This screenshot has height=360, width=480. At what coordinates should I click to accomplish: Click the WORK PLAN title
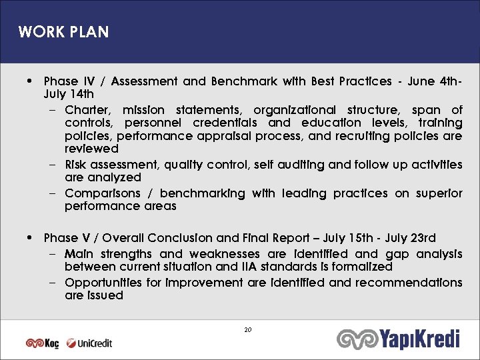tap(63, 32)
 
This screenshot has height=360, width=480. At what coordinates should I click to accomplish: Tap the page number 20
tap(248, 330)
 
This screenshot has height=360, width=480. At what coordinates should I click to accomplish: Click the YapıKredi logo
tap(398, 339)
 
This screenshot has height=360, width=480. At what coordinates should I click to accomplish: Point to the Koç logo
tap(42, 343)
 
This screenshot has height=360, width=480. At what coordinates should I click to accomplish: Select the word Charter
tap(89, 109)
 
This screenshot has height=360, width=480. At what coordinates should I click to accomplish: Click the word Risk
tap(77, 165)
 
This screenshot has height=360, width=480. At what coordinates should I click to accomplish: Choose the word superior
tap(439, 193)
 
